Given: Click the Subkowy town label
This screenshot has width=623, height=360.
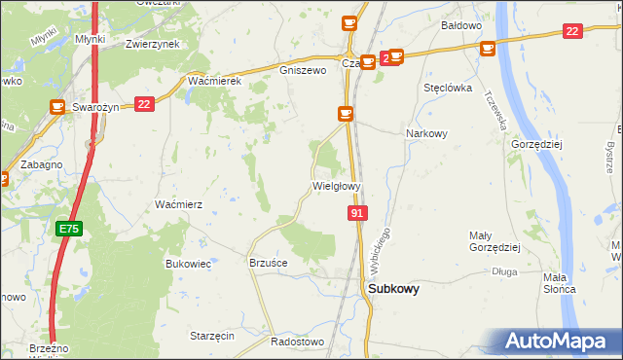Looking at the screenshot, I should pyautogui.click(x=393, y=288).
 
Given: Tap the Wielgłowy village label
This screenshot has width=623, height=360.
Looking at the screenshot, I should pyautogui.click(x=337, y=186).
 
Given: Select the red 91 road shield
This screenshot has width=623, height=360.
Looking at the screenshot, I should pyautogui.click(x=357, y=212).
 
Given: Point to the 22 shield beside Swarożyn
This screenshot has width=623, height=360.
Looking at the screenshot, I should pyautogui.click(x=144, y=104).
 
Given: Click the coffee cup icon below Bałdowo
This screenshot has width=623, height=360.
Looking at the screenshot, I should pyautogui.click(x=487, y=48).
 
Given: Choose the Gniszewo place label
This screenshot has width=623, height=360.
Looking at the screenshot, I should pyautogui.click(x=302, y=71).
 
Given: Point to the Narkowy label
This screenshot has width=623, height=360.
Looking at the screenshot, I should pyautogui.click(x=426, y=134).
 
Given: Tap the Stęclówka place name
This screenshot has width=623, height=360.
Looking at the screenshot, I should pyautogui.click(x=448, y=88).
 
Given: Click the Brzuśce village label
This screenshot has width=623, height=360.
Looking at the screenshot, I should pyautogui.click(x=269, y=263).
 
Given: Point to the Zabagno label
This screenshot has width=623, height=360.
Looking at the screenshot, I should pyautogui.click(x=40, y=164).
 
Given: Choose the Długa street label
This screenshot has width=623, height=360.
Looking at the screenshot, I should pyautogui.click(x=504, y=272).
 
